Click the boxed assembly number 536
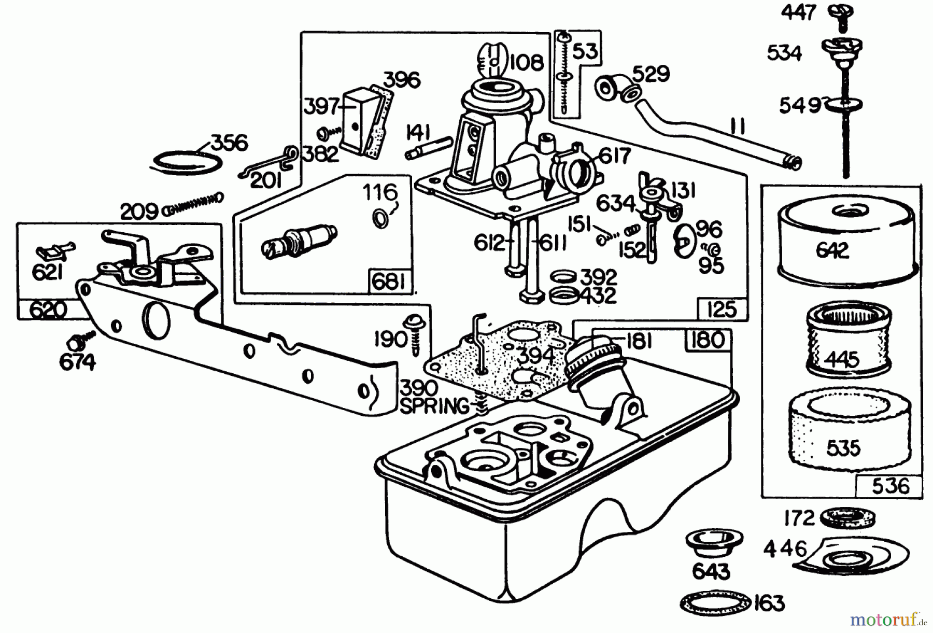pyautogui.click(x=890, y=486)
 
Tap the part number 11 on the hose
pyautogui.click(x=738, y=126)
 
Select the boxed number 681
pyautogui.click(x=389, y=282)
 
